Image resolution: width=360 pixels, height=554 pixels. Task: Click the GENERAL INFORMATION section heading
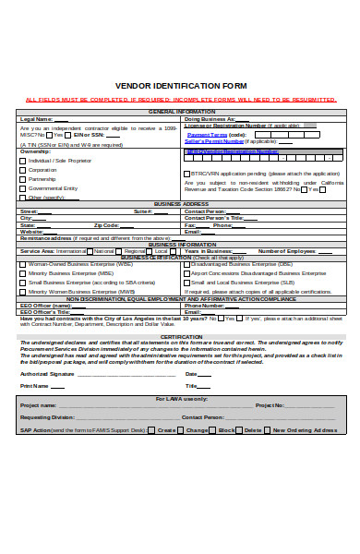tap(181, 112)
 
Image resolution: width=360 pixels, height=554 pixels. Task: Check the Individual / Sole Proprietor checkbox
tap(23, 160)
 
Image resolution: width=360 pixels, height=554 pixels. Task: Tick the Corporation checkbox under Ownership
tap(23, 170)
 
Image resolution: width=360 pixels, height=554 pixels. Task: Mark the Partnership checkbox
tap(23, 179)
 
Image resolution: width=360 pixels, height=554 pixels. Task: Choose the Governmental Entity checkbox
tap(23, 188)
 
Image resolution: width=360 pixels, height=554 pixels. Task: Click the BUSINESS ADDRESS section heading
tap(181, 203)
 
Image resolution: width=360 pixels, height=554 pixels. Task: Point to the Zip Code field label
tap(106, 224)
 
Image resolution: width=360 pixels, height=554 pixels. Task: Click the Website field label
tap(32, 231)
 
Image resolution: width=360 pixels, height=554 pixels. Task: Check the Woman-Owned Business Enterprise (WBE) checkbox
tap(23, 264)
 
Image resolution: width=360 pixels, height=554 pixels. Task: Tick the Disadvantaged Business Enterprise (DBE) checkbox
tap(187, 264)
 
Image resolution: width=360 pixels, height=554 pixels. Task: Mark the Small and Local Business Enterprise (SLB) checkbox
tap(187, 283)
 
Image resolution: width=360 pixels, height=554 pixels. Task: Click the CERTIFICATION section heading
tap(181, 336)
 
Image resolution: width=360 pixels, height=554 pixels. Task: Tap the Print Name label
tap(35, 386)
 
